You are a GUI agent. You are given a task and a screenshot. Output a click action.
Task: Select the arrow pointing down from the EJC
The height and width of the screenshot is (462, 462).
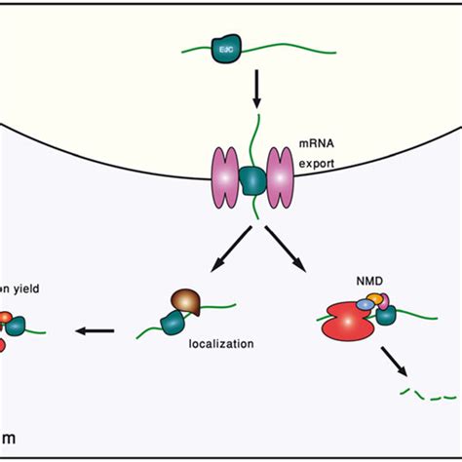255,93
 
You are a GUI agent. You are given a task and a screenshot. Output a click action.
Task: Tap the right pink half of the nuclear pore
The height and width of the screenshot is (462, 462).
283,176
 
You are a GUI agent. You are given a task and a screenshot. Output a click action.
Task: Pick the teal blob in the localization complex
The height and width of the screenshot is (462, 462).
174,320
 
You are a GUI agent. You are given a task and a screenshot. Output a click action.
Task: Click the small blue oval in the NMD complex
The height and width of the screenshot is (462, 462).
366,305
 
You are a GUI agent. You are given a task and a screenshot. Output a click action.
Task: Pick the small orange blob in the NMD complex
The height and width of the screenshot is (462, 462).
375,299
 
